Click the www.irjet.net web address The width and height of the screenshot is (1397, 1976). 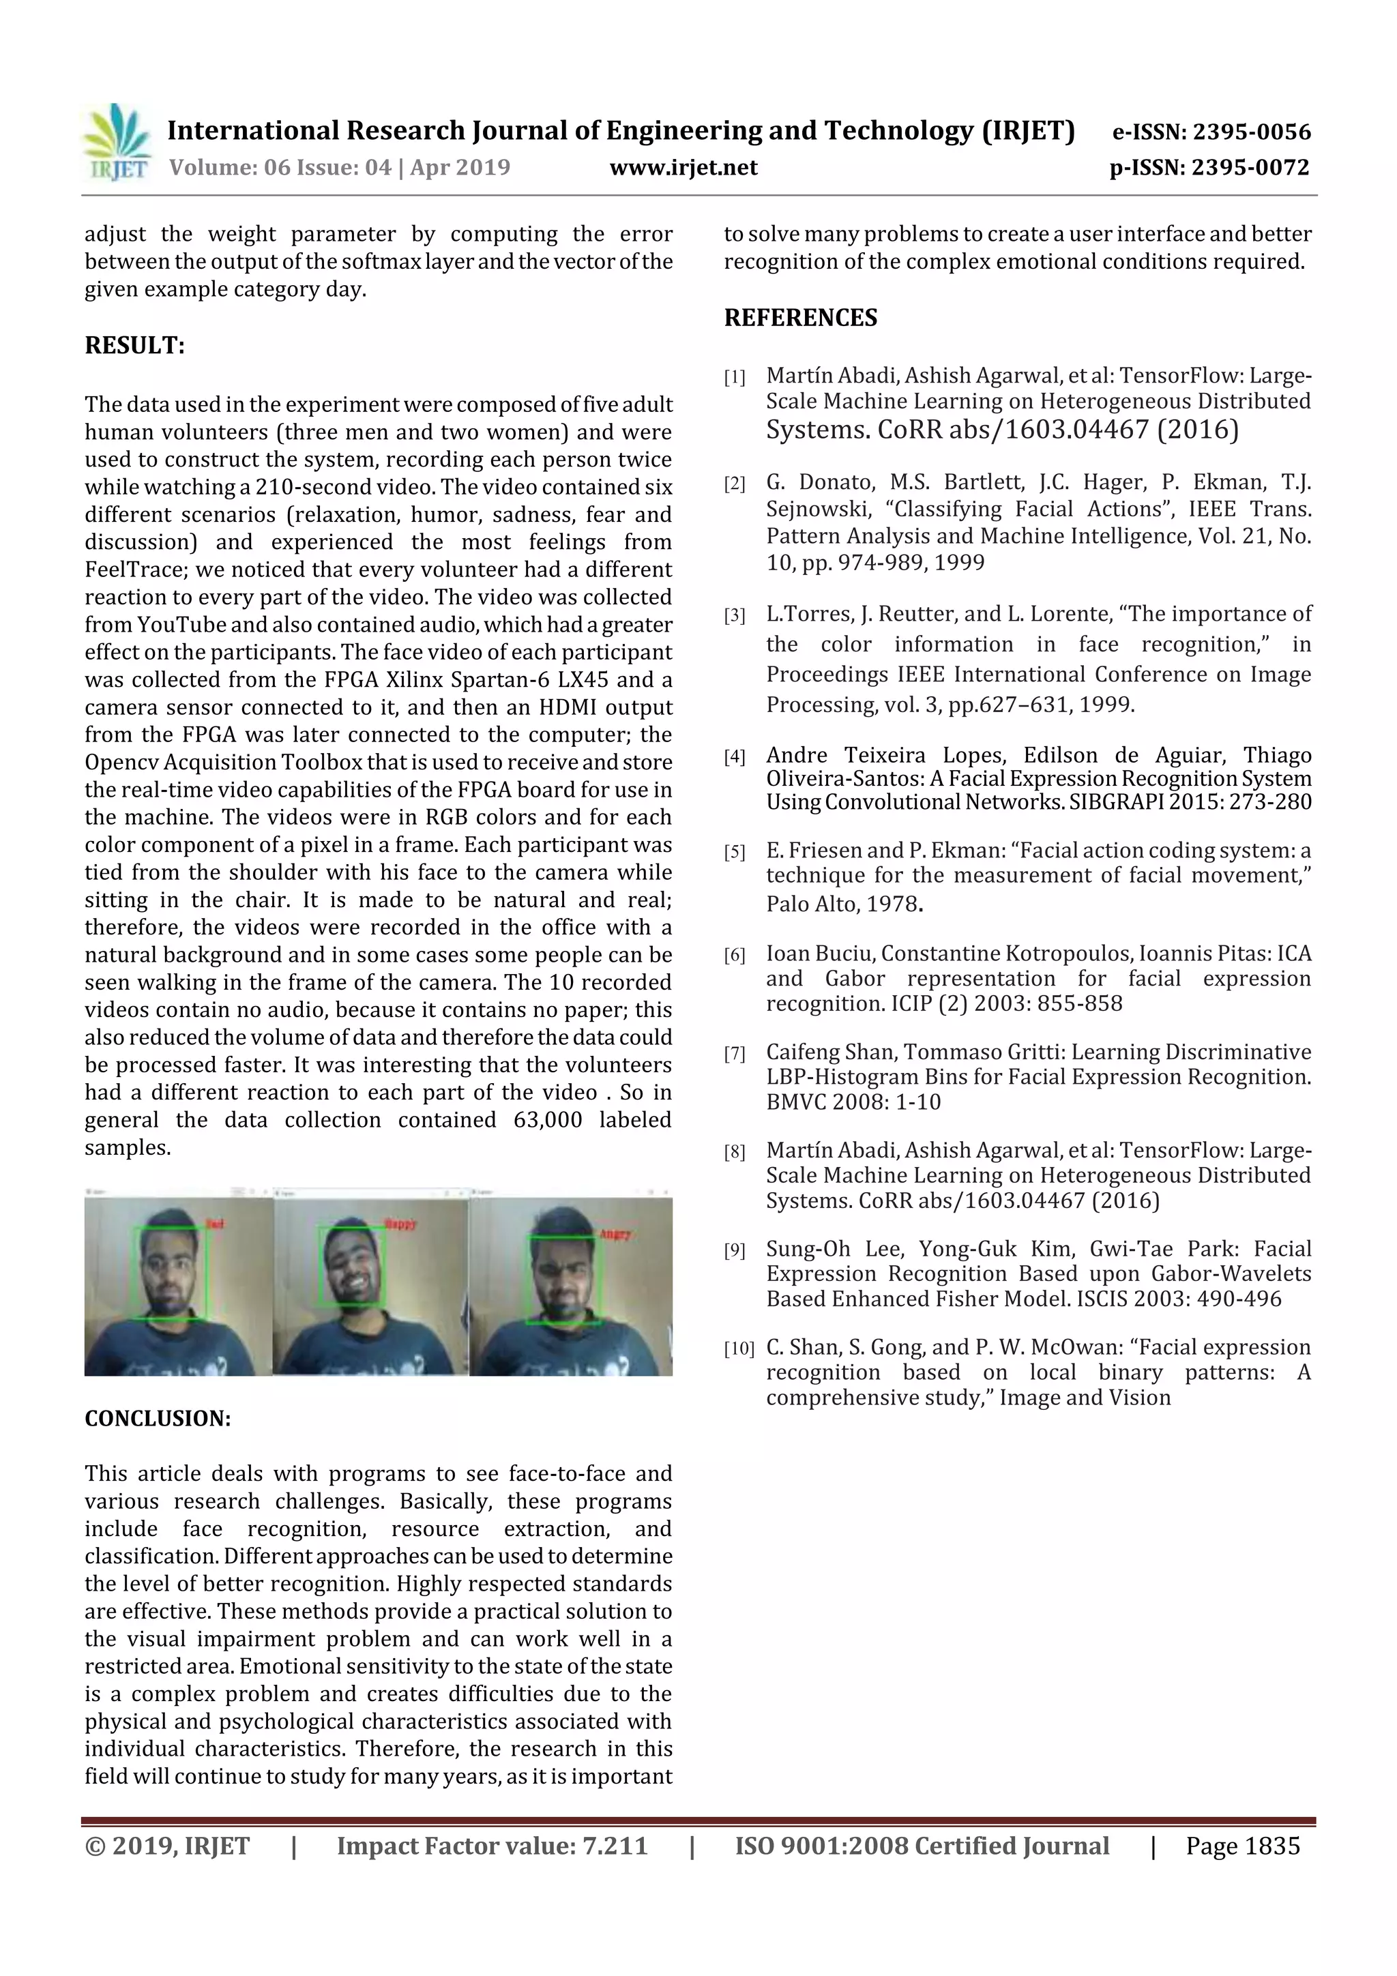click(x=683, y=168)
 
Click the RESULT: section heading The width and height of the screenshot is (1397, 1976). click(x=134, y=346)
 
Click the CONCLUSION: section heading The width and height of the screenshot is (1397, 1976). click(x=158, y=1418)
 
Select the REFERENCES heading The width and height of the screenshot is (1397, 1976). click(x=801, y=319)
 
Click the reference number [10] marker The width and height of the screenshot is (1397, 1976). click(x=739, y=1348)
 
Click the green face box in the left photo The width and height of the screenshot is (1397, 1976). click(x=174, y=1273)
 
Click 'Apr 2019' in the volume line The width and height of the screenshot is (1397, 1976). click(x=460, y=168)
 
